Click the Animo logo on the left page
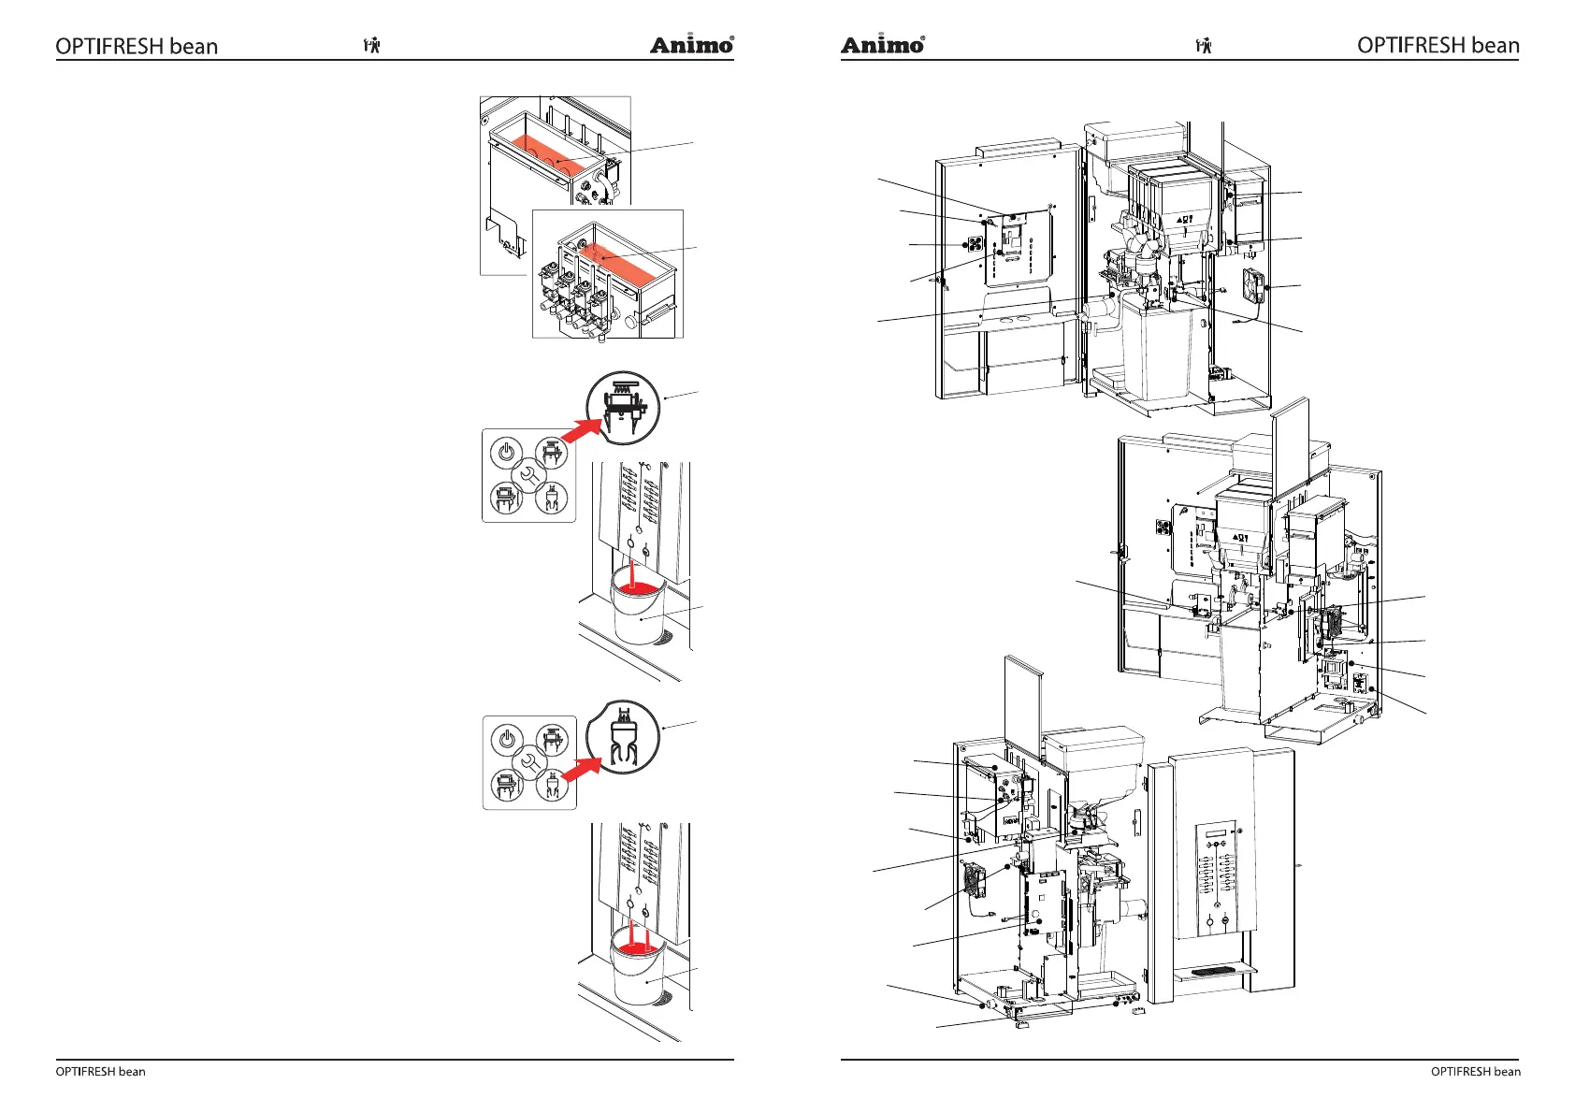(x=691, y=45)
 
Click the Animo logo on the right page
(x=882, y=45)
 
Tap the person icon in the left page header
(x=372, y=45)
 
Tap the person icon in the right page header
(x=1204, y=45)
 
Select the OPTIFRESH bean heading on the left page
(x=137, y=47)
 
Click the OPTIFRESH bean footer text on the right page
(x=1475, y=1072)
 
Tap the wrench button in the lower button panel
(x=528, y=762)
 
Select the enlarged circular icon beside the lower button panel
(x=623, y=737)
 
